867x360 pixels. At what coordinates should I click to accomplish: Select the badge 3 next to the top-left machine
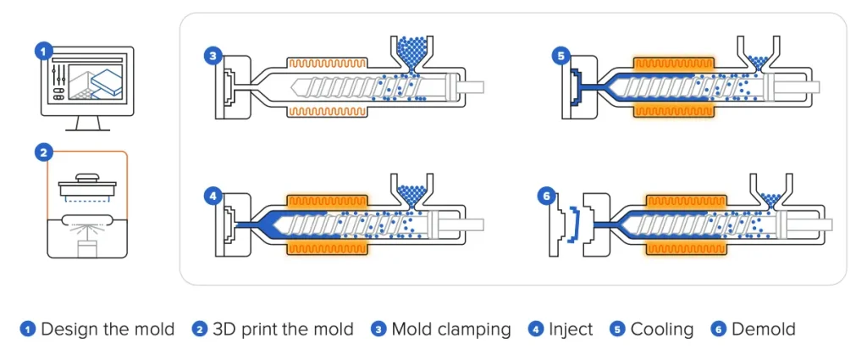tap(213, 56)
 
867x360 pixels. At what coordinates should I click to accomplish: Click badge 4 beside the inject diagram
tap(213, 197)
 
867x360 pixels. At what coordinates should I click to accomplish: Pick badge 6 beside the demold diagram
tap(548, 197)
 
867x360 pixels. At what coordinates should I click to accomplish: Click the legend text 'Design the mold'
tap(108, 330)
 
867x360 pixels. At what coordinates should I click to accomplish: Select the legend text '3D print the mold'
tap(283, 330)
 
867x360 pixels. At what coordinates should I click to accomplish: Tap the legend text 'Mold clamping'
tap(450, 330)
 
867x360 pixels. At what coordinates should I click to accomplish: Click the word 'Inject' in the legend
tap(571, 330)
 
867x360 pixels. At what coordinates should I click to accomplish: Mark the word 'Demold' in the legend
tap(763, 330)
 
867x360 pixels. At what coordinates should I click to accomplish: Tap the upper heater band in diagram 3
tap(328, 64)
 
